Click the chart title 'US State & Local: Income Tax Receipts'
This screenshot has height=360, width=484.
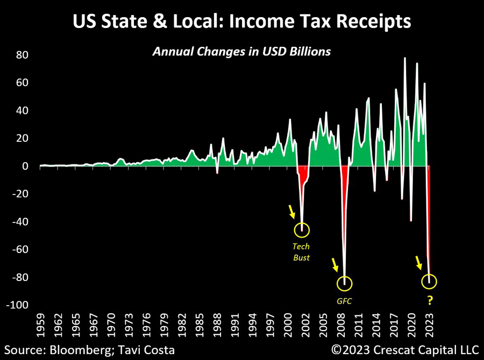pyautogui.click(x=241, y=22)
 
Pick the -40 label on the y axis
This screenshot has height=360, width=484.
pyautogui.click(x=21, y=222)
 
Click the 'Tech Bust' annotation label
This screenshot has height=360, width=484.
pyautogui.click(x=301, y=252)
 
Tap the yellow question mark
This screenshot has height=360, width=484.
pyautogui.click(x=430, y=301)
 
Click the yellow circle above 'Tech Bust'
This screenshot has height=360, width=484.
pyautogui.click(x=302, y=229)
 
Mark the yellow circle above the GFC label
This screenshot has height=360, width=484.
pyautogui.click(x=344, y=283)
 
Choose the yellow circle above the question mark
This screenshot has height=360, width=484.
pyautogui.click(x=429, y=281)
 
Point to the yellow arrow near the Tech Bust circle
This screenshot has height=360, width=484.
pyautogui.click(x=292, y=211)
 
